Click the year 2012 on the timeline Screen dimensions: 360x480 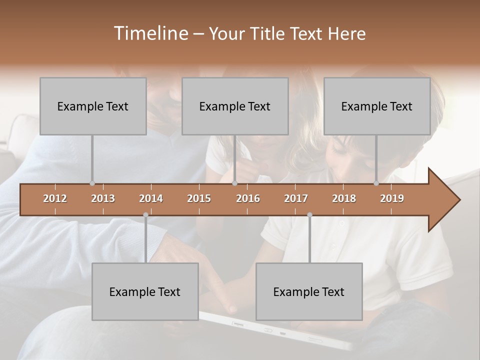55,198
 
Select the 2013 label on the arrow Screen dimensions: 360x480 103,198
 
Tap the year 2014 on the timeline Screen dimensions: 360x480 151,198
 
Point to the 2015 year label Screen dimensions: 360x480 199,198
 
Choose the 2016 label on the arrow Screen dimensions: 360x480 248,198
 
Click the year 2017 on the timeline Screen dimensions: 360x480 296,198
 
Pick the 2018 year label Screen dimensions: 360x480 344,198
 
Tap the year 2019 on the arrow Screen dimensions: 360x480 392,198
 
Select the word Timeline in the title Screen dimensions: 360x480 149,33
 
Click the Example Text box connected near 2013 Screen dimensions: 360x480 93,106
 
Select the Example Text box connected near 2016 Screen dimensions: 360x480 235,106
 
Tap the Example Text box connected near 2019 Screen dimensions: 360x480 377,106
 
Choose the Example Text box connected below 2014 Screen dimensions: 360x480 145,291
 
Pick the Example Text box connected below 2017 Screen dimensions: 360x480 309,291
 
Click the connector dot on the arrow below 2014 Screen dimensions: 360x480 145,215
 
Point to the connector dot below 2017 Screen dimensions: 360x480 309,215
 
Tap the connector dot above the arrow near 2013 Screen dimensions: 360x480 92,183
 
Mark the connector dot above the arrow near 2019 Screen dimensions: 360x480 376,183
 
